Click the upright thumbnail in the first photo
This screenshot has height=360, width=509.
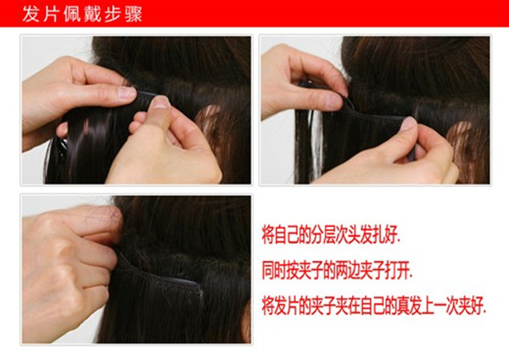[159, 103]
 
